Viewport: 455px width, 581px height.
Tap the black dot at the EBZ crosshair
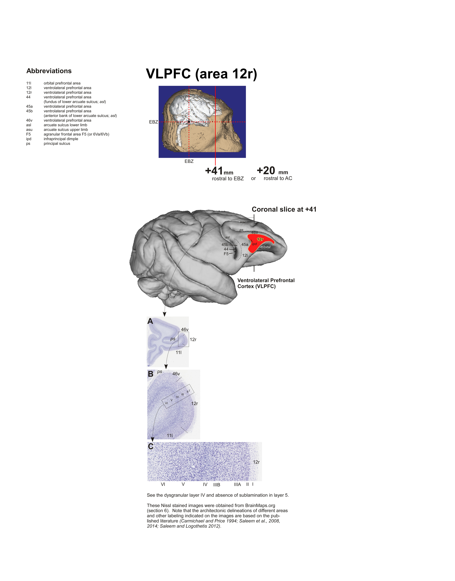pyautogui.click(x=189, y=122)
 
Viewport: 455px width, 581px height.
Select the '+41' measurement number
pyautogui.click(x=214, y=171)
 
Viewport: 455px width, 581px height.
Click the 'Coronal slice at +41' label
pyautogui.click(x=284, y=209)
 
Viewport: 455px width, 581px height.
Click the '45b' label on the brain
pyautogui.click(x=225, y=245)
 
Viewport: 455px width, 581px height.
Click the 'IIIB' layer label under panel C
pyautogui.click(x=217, y=485)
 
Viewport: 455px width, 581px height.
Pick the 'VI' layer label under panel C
pyautogui.click(x=163, y=484)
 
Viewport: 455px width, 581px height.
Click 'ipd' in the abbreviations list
pyautogui.click(x=29, y=139)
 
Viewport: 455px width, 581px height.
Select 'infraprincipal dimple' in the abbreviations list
pyautogui.click(x=61, y=139)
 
